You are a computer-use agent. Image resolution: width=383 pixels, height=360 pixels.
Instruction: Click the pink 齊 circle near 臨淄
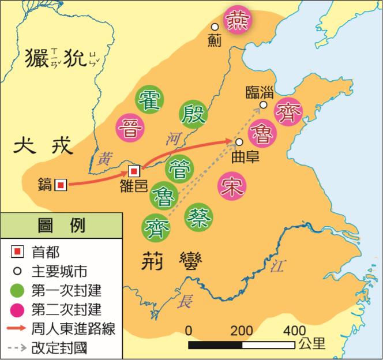point(287,112)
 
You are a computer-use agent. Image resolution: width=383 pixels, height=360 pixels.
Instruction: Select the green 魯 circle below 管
point(164,196)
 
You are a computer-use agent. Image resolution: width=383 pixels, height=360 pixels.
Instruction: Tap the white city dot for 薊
point(215,27)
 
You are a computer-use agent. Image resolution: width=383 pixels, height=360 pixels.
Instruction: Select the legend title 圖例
point(61,225)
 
